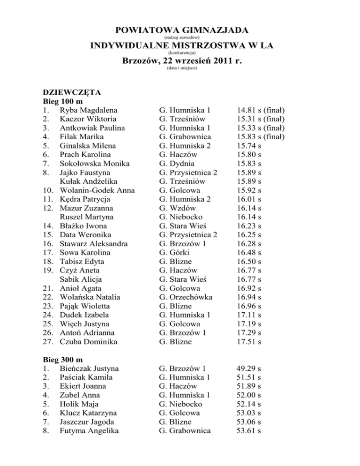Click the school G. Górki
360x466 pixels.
176,253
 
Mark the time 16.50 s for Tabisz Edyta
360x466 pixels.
247,262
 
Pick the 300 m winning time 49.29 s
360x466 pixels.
247,368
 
